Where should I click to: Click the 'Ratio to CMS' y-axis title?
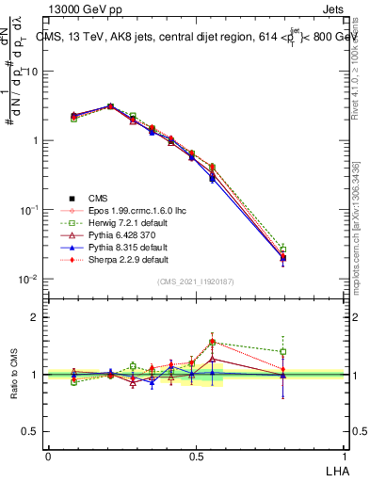(15, 374)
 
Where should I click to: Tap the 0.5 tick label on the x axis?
(196, 456)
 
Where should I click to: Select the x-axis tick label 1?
(345, 456)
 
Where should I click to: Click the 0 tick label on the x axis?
(48, 456)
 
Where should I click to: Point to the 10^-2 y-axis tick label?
(30, 280)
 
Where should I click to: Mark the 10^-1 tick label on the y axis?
(30, 210)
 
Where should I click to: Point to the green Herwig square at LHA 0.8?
(283, 249)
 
